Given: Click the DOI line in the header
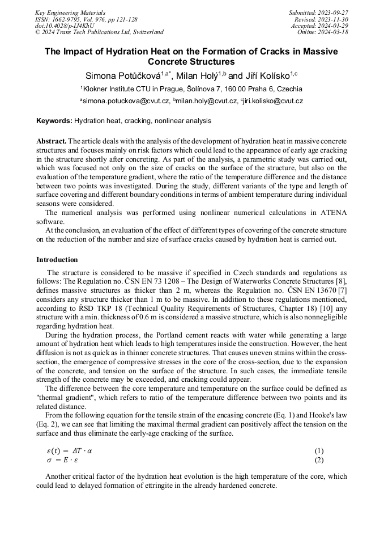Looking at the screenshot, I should click(64, 26).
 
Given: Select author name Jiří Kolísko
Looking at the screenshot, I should click(266, 76).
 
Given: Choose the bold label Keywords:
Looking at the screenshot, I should click(54, 121).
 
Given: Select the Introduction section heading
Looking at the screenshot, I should click(57, 260).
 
